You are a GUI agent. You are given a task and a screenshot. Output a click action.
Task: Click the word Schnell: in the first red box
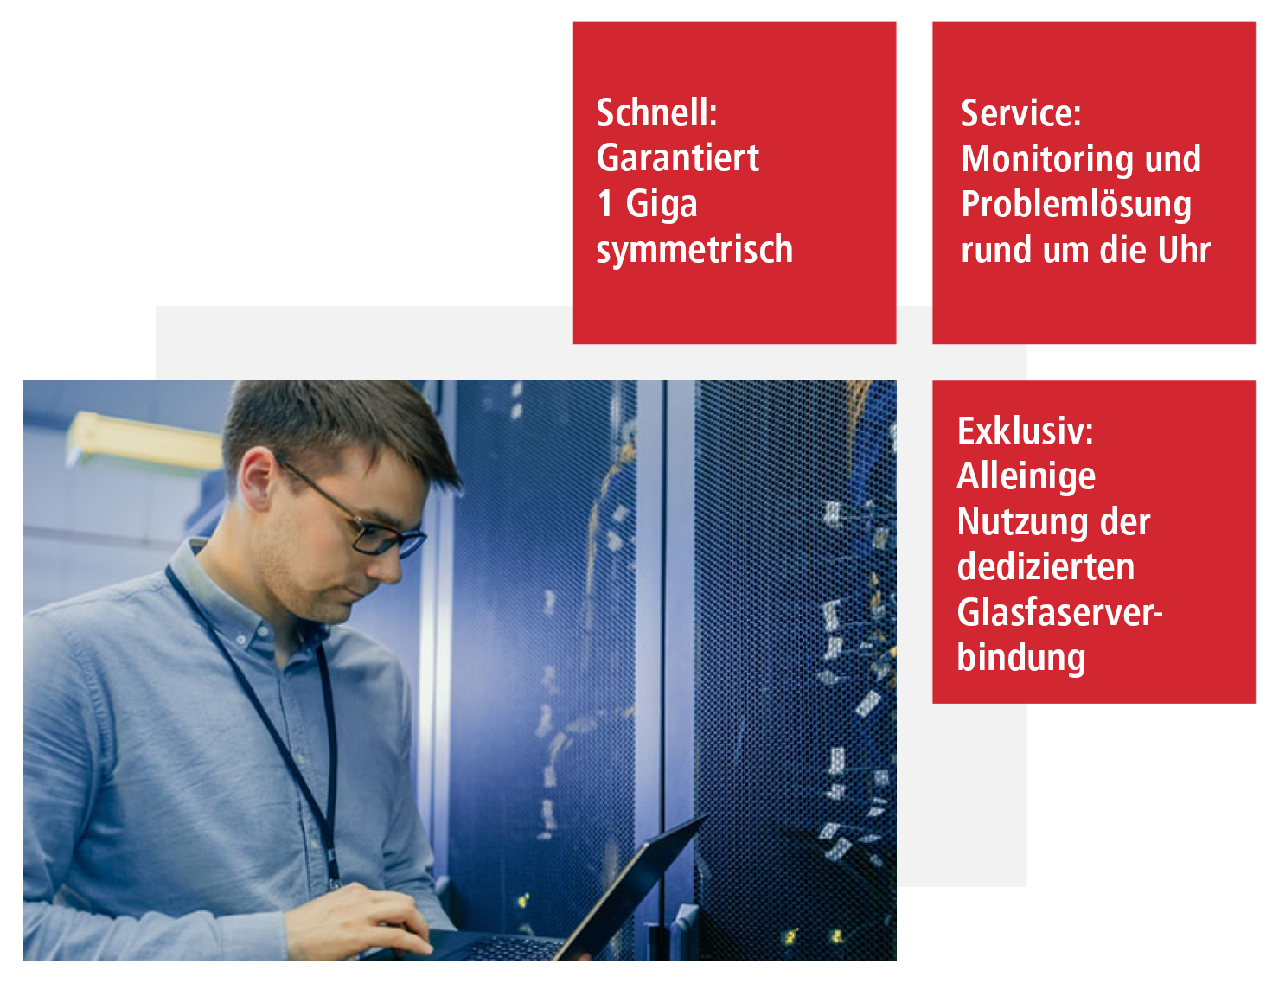tap(656, 112)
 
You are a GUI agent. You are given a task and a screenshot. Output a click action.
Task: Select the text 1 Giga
tap(647, 205)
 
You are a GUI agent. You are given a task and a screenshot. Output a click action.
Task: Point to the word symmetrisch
tap(694, 250)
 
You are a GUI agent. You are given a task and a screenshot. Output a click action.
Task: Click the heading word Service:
tap(1020, 112)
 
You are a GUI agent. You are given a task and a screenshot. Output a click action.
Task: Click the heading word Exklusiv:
tap(1025, 431)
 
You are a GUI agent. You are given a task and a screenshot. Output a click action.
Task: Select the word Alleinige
tap(1026, 477)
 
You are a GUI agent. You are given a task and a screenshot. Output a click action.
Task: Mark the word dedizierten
tap(1046, 566)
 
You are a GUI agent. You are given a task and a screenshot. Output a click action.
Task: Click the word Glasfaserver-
tap(1059, 612)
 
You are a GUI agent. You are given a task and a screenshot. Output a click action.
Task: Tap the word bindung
tap(1021, 658)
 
